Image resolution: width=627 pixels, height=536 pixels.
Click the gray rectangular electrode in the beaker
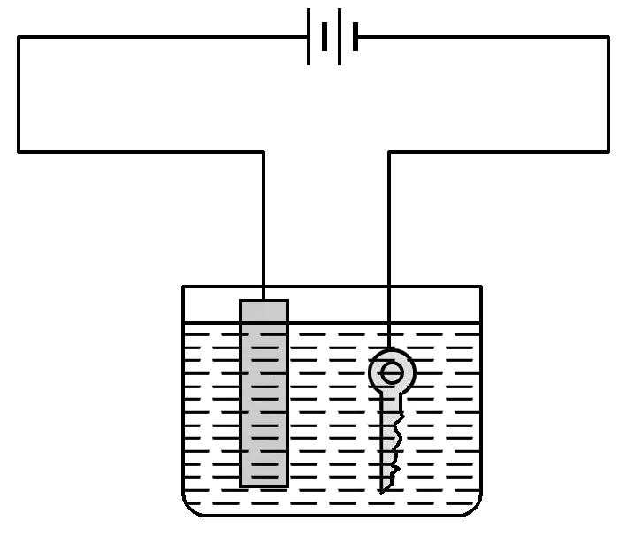pos(264,394)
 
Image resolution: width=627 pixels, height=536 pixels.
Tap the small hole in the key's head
pos(392,373)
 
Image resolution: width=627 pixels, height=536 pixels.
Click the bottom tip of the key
pos(381,491)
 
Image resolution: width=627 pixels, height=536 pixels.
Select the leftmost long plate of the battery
pos(310,37)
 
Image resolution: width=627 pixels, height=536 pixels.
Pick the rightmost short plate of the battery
pos(356,37)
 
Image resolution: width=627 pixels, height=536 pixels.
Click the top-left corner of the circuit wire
pos(19,37)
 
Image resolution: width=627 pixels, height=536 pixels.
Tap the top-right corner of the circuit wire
pos(608,37)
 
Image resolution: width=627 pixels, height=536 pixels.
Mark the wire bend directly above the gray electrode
pos(264,152)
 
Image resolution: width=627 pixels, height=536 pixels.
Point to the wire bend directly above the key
pos(389,152)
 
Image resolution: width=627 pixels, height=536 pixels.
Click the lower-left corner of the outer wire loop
pos(19,152)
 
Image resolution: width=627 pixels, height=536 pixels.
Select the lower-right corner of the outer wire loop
pos(608,152)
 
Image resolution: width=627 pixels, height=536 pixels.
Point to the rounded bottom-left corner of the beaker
pos(189,508)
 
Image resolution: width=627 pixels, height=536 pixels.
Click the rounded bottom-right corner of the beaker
pos(475,508)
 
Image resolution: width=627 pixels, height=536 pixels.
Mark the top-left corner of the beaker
pos(183,287)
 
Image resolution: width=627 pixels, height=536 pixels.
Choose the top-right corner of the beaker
pos(481,287)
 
